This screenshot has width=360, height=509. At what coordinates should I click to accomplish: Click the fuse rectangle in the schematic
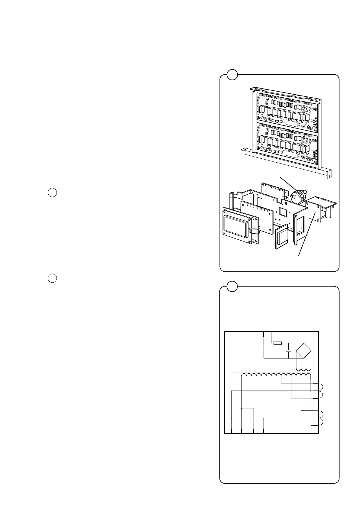coord(277,343)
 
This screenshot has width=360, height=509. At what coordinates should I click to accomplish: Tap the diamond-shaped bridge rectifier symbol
coord(304,352)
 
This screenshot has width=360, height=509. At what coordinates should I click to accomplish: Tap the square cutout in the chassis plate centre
coord(284,211)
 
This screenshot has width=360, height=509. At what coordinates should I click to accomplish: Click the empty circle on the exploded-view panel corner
coord(232,74)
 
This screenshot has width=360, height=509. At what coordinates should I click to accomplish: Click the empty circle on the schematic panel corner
coord(232,286)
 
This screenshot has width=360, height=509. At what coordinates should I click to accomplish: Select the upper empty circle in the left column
coord(52,193)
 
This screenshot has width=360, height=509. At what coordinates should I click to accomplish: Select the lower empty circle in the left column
coord(52,278)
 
